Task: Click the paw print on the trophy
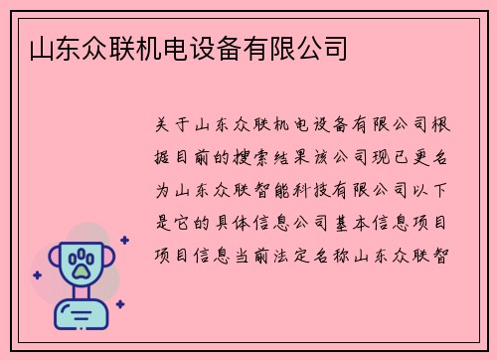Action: pos(81,264)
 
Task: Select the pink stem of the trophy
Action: pos(81,294)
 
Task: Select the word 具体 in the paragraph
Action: pos(236,221)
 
